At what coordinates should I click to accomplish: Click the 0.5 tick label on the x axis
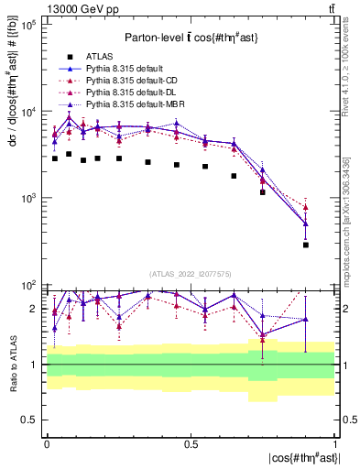pyautogui.click(x=191, y=442)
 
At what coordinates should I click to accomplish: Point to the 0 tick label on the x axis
pyautogui.click(x=47, y=442)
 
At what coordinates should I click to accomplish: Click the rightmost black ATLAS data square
pyautogui.click(x=306, y=245)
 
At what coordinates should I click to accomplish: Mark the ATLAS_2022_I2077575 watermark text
pyautogui.click(x=190, y=273)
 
